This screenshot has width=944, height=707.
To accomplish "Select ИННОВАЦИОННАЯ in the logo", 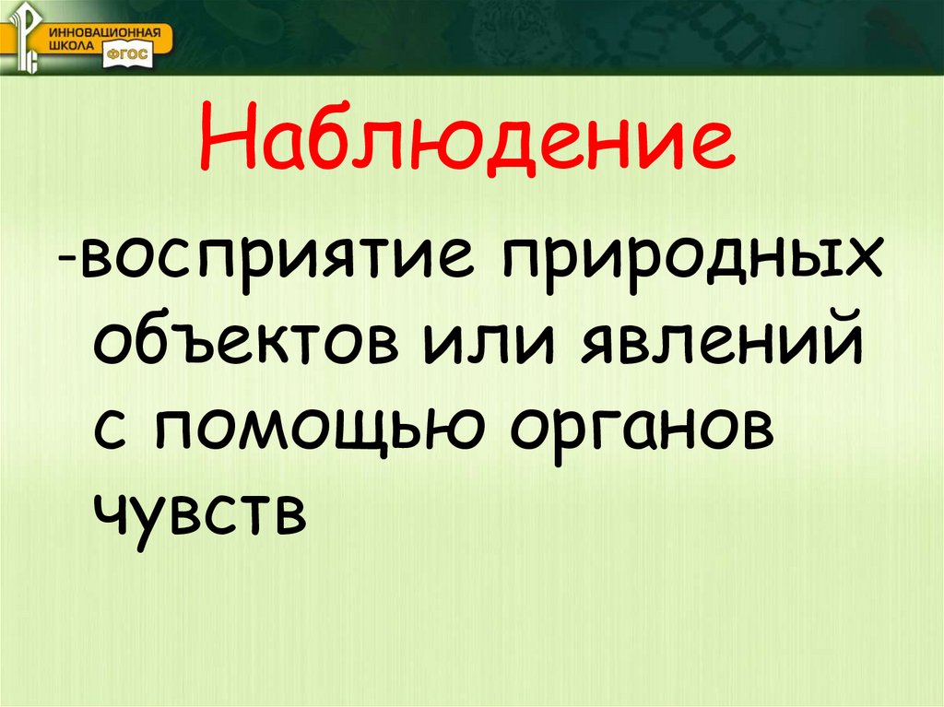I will (111, 32).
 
